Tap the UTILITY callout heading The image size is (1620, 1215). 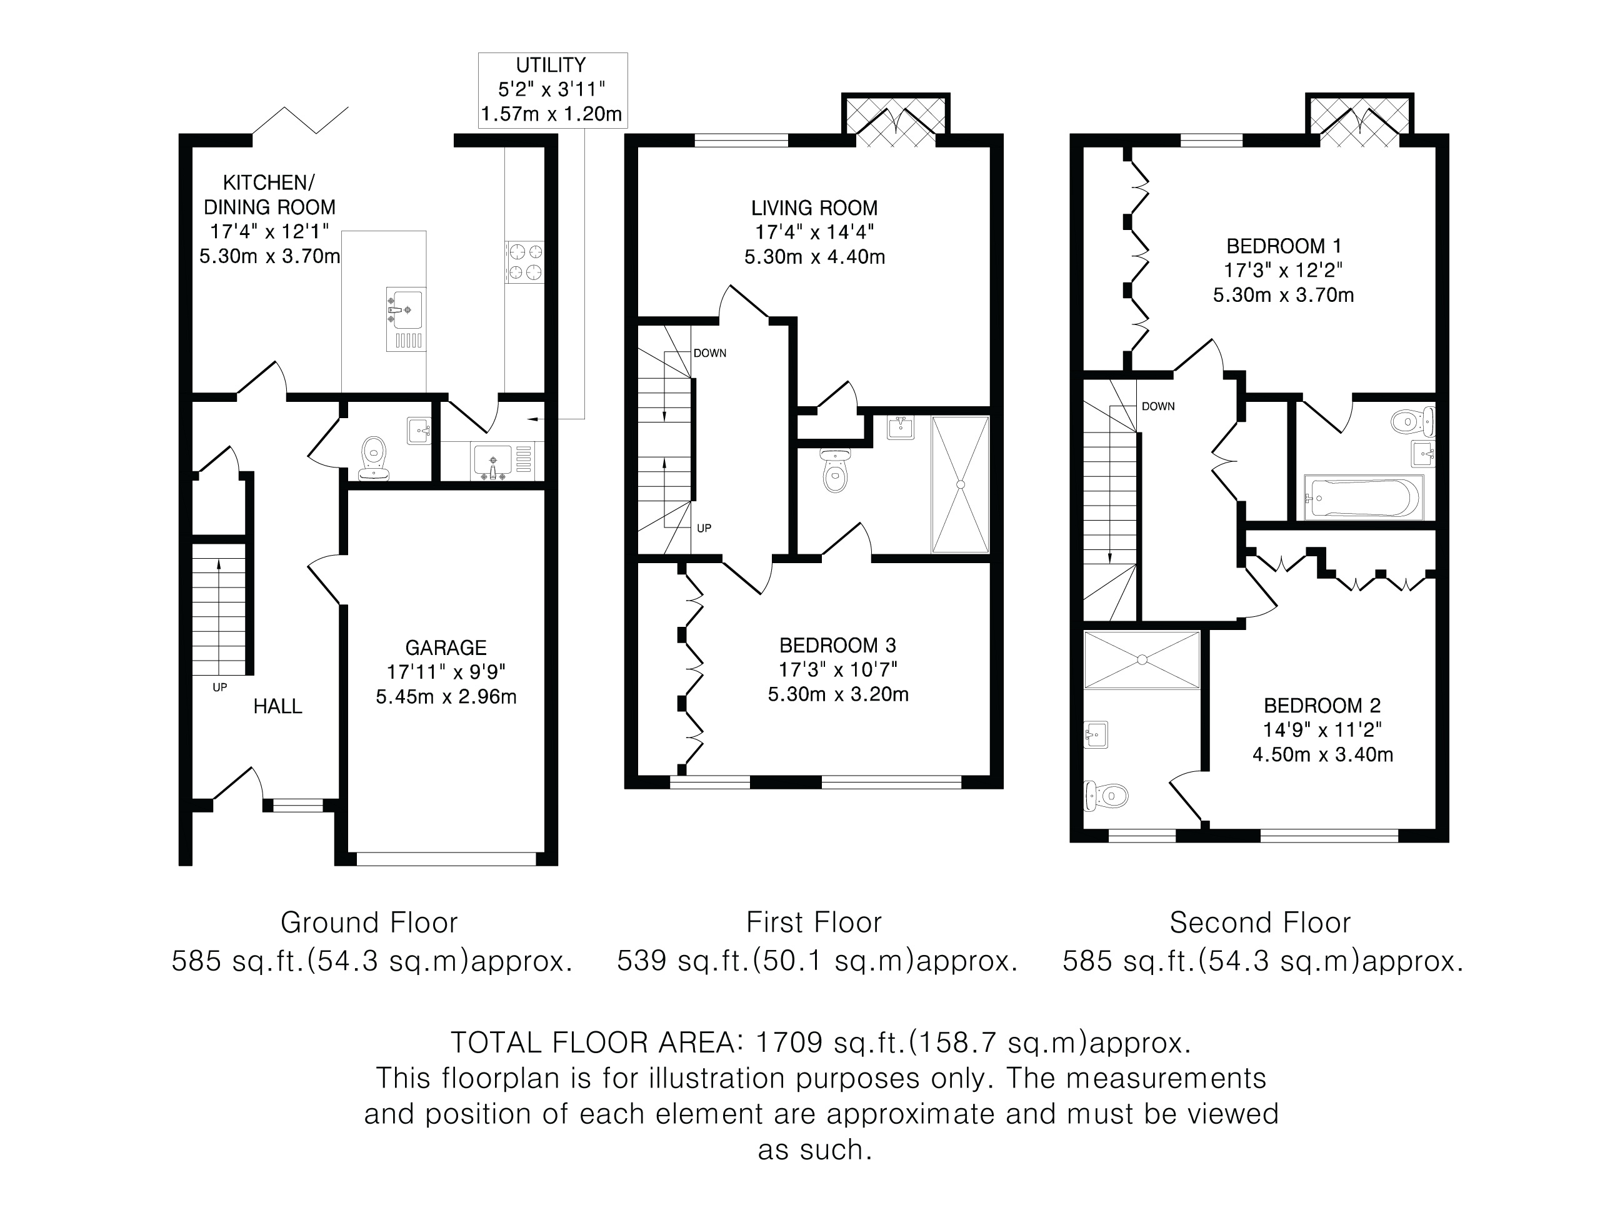[x=551, y=65]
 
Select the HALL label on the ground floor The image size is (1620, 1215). [x=277, y=706]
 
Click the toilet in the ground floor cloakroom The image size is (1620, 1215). [x=374, y=457]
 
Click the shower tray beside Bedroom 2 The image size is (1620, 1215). [x=1142, y=660]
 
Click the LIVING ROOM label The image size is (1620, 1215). [x=814, y=208]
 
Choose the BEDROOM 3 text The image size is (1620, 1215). [x=838, y=645]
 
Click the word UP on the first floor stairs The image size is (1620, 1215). [x=704, y=528]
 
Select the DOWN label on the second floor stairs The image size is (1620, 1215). [x=1158, y=406]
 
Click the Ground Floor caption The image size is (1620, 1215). [x=369, y=922]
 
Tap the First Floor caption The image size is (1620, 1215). [x=814, y=922]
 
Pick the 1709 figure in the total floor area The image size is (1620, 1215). [x=789, y=1041]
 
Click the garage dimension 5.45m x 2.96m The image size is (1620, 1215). [x=446, y=696]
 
